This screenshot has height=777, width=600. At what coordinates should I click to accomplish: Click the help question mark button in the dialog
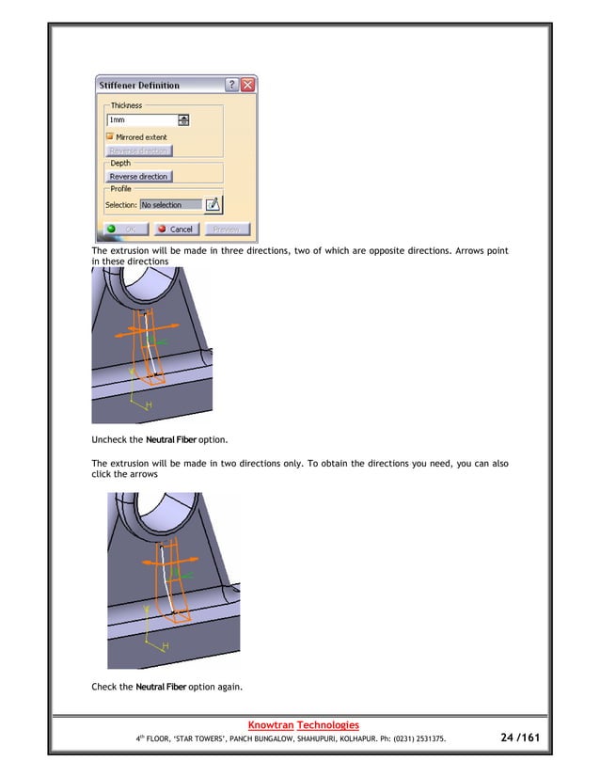[231, 86]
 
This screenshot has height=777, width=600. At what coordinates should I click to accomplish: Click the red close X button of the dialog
[247, 86]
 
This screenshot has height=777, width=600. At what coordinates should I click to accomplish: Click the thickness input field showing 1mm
[141, 120]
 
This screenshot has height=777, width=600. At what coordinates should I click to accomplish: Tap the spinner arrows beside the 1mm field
[183, 120]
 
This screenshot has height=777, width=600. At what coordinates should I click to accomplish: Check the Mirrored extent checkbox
[109, 136]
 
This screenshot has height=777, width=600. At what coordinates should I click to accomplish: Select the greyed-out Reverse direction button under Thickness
[138, 151]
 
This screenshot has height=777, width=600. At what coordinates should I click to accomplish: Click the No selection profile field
[169, 204]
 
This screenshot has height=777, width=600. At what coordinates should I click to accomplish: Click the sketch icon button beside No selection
[213, 204]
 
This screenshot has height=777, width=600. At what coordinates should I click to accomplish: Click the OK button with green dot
[124, 229]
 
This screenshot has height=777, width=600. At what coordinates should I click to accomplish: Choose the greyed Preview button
[227, 229]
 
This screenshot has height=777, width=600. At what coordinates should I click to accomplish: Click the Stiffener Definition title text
[139, 86]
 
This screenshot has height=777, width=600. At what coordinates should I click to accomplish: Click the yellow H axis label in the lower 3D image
[166, 646]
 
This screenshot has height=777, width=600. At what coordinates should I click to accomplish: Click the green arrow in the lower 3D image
[185, 575]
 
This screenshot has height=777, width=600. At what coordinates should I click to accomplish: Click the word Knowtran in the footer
[269, 724]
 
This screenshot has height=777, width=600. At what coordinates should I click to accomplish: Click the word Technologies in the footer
[327, 724]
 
